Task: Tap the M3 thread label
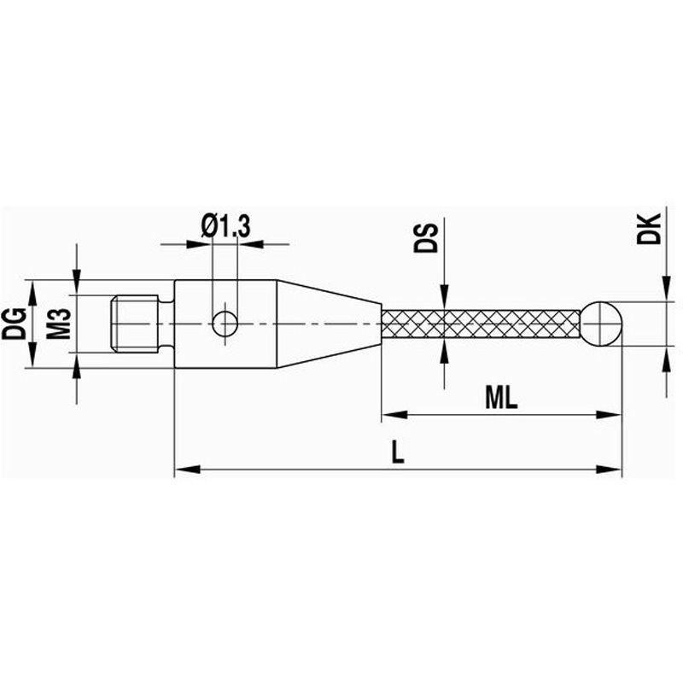tap(58, 324)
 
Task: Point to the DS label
tap(425, 238)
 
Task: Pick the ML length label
tap(501, 398)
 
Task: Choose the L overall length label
tap(397, 452)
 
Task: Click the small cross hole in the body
tap(225, 324)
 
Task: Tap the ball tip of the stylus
tap(601, 324)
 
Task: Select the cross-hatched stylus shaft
tap(482, 324)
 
